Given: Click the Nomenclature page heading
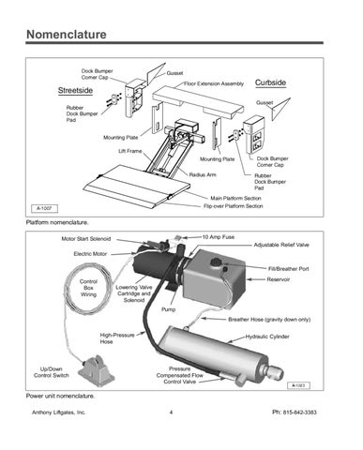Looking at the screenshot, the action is click(67, 35).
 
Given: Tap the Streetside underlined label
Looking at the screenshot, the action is click(75, 91).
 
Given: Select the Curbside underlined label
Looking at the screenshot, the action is click(270, 82).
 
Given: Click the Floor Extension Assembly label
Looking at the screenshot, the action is click(214, 83).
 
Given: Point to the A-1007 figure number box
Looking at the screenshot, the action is click(44, 208).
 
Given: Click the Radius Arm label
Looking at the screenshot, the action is click(203, 174).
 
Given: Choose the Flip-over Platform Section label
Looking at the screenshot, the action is click(234, 206).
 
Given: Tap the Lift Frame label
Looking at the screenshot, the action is click(130, 151).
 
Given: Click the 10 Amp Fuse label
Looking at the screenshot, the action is click(219, 237).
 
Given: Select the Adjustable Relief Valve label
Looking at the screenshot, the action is click(281, 245).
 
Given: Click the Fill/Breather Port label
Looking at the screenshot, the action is click(289, 269).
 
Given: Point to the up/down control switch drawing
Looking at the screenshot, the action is click(97, 371).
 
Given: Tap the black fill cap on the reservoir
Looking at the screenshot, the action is click(216, 262).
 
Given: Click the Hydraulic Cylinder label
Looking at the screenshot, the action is click(267, 337).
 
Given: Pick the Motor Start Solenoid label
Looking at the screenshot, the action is click(86, 239).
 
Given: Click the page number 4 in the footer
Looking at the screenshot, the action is click(171, 412).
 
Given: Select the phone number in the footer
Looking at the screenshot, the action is click(295, 412).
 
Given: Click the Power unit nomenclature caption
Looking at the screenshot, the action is click(60, 396).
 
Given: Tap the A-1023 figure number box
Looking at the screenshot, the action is click(298, 385).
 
